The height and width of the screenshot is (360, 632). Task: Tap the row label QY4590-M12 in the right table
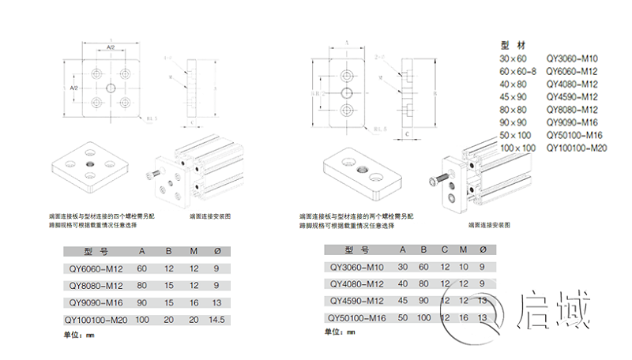coord(355,301)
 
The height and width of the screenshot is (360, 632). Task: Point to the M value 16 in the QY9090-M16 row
coord(193,302)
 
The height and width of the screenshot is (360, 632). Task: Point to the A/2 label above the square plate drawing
coord(111,49)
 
